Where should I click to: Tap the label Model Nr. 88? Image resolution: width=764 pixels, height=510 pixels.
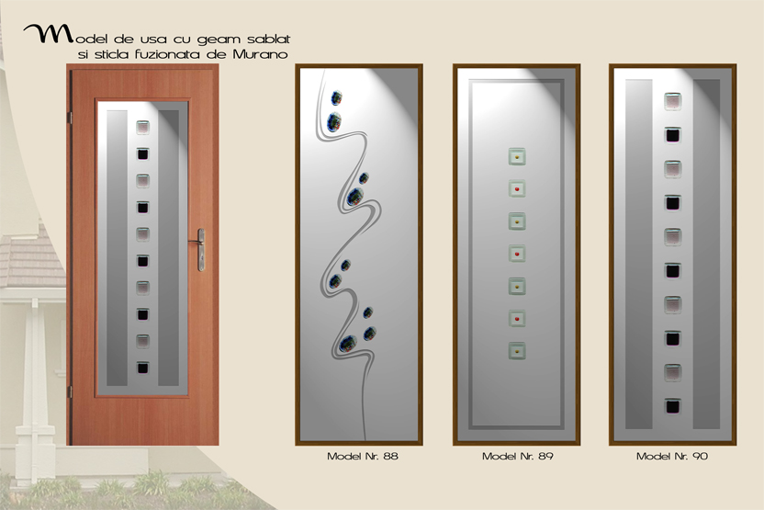coord(363,457)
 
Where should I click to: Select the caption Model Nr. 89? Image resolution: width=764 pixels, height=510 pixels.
coord(518,457)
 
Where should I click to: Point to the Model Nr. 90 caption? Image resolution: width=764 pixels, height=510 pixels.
coord(672,457)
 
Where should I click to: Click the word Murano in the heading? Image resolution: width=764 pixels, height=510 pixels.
coord(260,54)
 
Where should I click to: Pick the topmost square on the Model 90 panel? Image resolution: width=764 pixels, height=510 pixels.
coord(673,101)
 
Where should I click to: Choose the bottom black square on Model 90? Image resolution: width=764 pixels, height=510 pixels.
coord(673,406)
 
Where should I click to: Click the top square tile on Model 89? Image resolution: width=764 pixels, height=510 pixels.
coord(517,156)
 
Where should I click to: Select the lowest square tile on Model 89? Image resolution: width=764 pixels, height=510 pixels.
coord(517,351)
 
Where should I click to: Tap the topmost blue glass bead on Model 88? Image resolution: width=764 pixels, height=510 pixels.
coord(336,97)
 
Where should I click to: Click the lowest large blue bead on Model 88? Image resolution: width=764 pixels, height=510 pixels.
coord(348,345)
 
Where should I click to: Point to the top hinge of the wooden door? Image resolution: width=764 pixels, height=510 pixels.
coord(70,118)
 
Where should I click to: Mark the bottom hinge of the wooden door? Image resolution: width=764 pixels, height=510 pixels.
coord(70,391)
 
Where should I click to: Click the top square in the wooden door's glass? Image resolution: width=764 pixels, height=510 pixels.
coord(142,128)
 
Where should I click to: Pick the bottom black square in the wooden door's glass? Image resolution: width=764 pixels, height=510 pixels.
coord(142,368)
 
